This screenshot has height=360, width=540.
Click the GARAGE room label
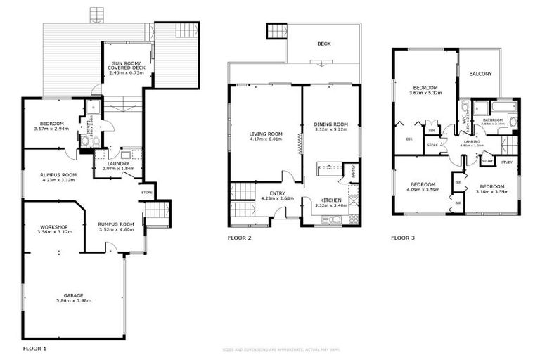74,295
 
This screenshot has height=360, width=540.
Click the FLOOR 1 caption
34,348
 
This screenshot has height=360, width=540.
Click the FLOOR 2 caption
239,238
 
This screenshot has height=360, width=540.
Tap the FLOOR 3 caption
403,238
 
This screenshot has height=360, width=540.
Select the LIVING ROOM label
266,134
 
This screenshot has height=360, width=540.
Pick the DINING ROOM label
330,124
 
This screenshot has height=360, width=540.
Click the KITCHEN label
330,200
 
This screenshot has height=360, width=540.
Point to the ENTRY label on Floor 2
266,193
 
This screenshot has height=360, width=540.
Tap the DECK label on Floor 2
323,44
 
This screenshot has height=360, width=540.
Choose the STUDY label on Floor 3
506,162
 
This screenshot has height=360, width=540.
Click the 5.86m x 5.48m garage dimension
74,300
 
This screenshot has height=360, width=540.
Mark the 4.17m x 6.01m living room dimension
266,139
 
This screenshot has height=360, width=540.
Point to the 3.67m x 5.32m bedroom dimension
425,92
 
